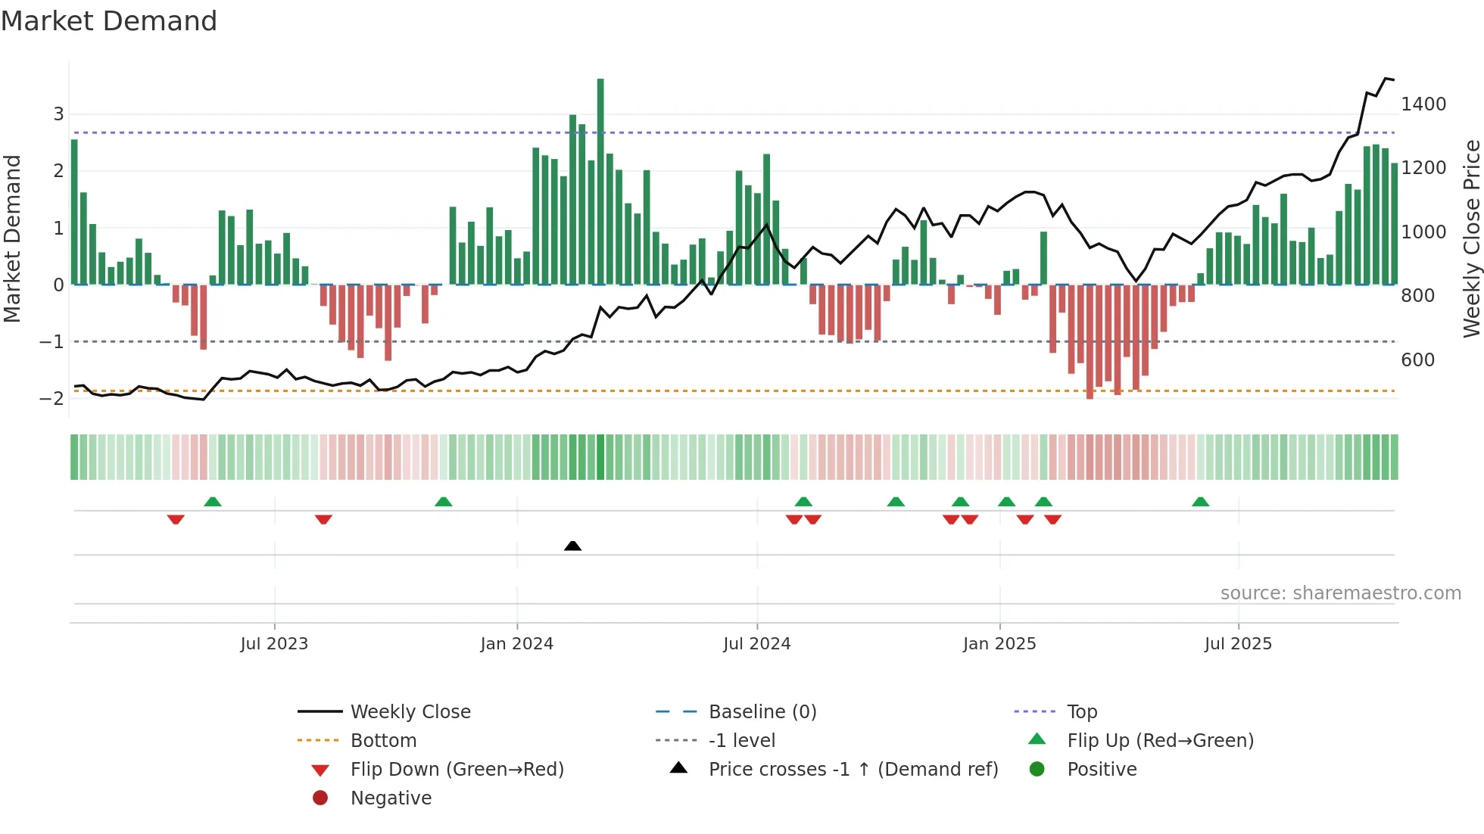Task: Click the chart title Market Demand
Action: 109,21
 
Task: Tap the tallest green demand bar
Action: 600,182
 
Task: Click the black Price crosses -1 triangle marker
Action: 572,546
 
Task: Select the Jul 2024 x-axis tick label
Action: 756,644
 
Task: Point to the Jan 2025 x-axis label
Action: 999,644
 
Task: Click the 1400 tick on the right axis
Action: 1423,104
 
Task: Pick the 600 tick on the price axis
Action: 1417,360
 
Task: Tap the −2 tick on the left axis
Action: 51,399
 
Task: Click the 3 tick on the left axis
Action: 58,114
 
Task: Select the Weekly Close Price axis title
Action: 1471,238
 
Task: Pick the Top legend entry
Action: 1081,712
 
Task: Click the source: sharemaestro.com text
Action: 1340,593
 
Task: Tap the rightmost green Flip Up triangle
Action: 1200,502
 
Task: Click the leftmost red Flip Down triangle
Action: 176,519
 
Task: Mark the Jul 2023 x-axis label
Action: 274,644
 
